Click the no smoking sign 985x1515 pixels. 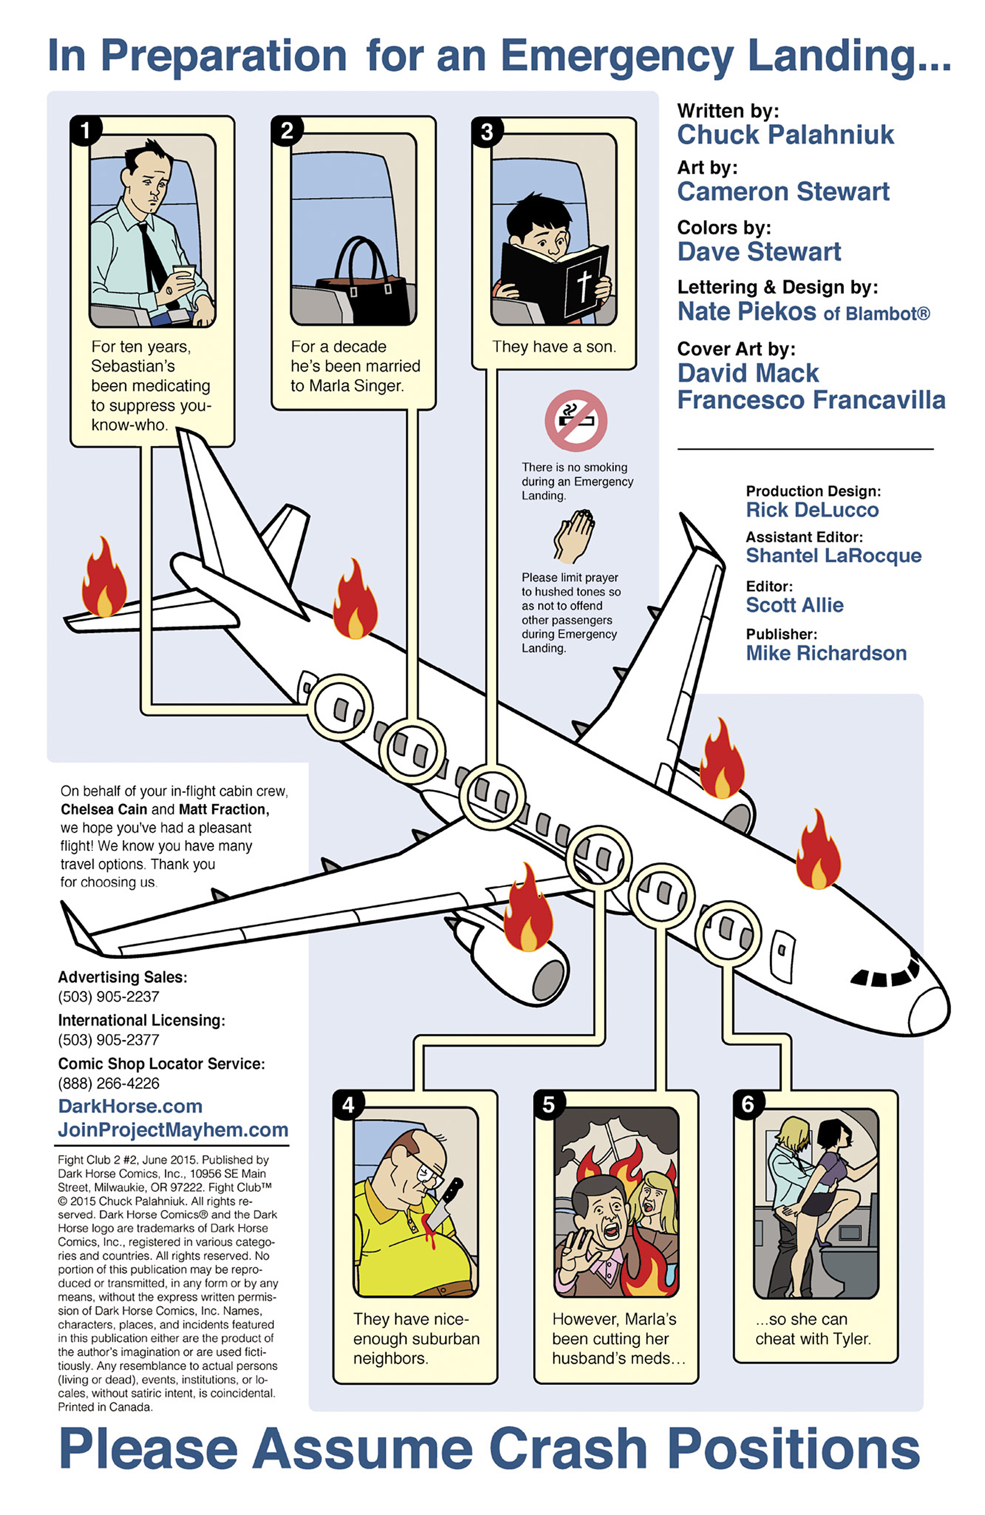coord(575,421)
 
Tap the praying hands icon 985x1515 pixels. coord(573,536)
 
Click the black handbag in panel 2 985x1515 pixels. coord(362,282)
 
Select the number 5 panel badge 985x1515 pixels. coord(548,1104)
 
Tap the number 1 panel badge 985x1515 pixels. coord(84,130)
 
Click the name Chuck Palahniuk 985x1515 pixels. coord(785,135)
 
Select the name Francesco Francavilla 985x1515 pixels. coord(811,401)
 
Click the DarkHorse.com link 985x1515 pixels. coord(130,1106)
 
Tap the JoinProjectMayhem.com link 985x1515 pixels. coord(173,1130)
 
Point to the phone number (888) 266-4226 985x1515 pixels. coord(109,1083)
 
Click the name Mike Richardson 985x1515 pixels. coord(826,653)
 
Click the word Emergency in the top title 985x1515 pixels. coord(617,56)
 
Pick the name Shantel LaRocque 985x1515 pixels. coord(834,555)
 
